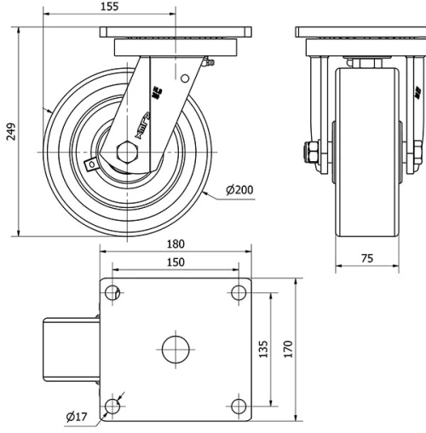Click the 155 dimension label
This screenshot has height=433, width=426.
(x=108, y=7)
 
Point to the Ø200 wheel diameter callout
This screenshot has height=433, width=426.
(x=242, y=190)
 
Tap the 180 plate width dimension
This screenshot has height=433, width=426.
(x=176, y=243)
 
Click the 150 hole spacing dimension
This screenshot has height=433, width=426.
(x=176, y=263)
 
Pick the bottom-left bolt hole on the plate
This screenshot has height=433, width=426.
(x=113, y=405)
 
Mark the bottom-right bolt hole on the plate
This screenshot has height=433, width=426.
(x=238, y=405)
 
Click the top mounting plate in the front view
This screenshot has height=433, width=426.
(x=360, y=33)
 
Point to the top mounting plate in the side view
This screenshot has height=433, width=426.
(x=177, y=33)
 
